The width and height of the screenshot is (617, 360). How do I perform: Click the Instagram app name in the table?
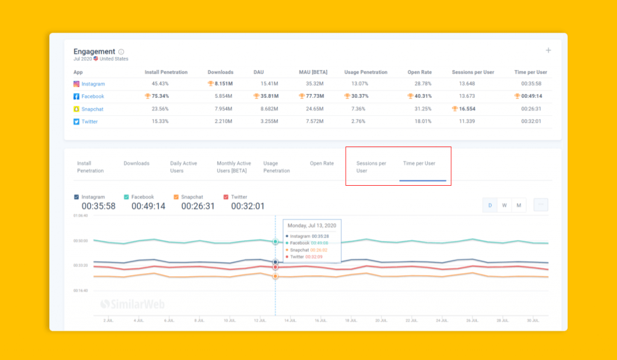tap(93, 84)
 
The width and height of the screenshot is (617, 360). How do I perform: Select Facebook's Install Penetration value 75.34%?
tap(156, 96)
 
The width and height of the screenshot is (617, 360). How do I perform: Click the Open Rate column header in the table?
tap(419, 72)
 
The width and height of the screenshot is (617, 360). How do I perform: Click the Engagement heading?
tap(94, 52)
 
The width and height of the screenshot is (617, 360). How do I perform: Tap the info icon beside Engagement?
tap(121, 52)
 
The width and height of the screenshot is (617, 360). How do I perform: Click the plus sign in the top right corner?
tap(548, 51)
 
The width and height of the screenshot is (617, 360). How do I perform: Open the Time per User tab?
tap(419, 163)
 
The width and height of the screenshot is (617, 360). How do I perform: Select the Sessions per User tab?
tap(371, 167)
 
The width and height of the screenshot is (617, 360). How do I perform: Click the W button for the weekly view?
tap(504, 206)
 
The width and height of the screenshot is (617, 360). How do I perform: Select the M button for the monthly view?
tap(519, 206)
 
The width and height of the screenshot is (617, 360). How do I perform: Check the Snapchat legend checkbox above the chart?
tap(176, 197)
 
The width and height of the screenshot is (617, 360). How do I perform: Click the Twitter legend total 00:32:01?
tap(248, 206)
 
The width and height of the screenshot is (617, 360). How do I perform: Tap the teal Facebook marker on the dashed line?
tap(275, 242)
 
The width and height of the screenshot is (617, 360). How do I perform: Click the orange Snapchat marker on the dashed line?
tap(275, 276)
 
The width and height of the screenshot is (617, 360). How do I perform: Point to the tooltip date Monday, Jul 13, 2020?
tap(312, 225)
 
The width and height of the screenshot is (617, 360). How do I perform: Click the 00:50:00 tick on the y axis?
tap(81, 241)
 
